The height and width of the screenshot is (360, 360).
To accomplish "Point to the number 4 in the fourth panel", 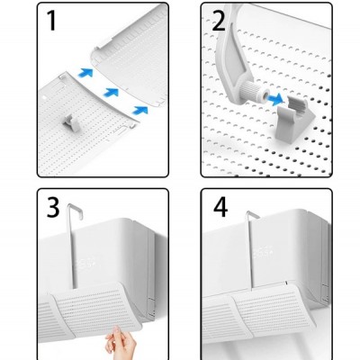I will point(219,213).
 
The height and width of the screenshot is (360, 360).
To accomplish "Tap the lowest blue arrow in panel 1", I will point(140,109).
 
